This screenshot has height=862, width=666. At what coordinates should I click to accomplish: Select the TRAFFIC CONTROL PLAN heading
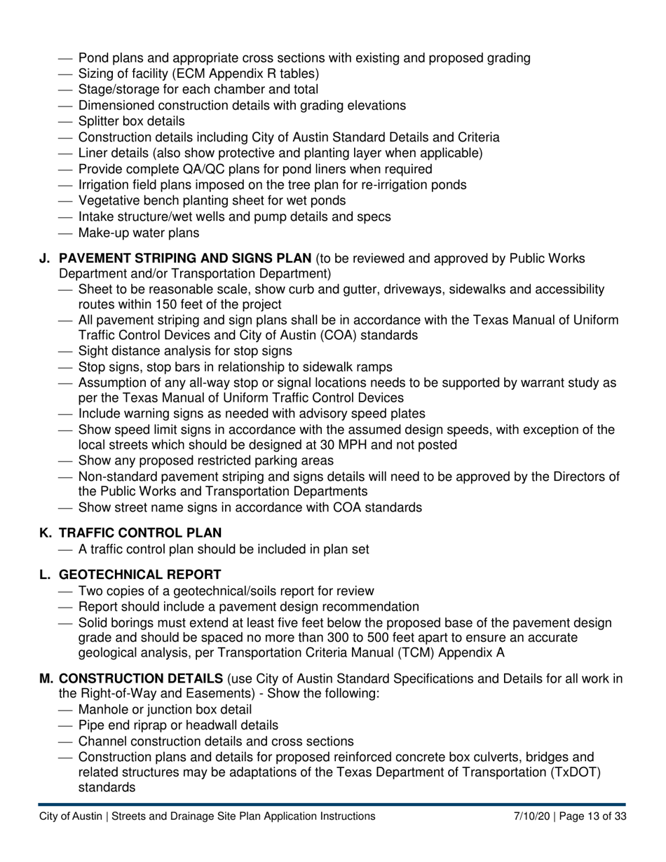click(140, 533)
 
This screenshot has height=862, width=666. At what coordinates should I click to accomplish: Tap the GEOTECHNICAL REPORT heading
click(140, 575)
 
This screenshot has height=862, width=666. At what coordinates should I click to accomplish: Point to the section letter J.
click(44, 259)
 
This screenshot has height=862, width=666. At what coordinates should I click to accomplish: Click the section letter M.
click(46, 678)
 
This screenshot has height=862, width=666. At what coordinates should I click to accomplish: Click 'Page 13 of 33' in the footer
click(592, 816)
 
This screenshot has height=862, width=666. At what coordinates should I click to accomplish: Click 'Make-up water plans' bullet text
click(139, 233)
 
